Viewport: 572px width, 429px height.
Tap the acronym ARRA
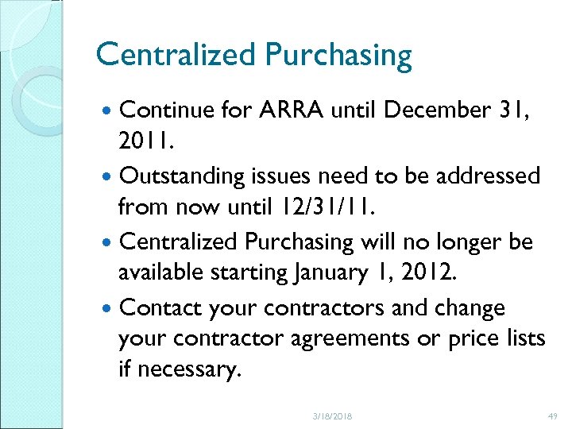(296, 110)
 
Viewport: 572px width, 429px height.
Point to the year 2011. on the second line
(145, 142)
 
